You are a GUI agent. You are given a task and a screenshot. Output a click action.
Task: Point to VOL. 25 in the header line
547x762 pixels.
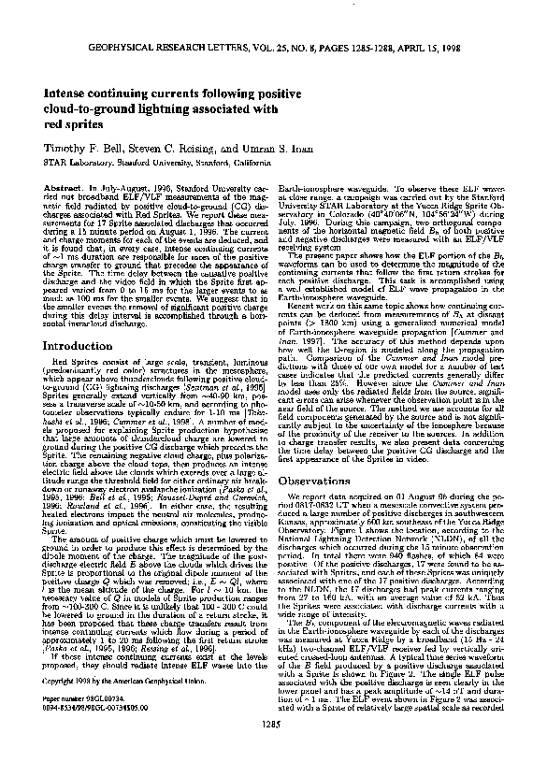260,46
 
